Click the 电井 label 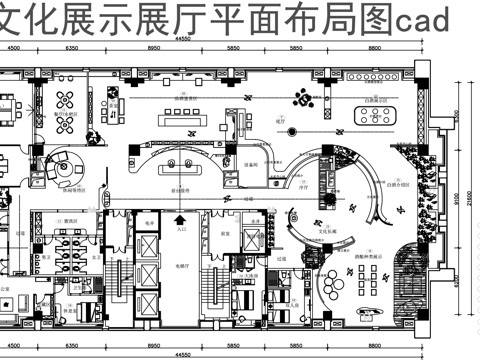(148, 221)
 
